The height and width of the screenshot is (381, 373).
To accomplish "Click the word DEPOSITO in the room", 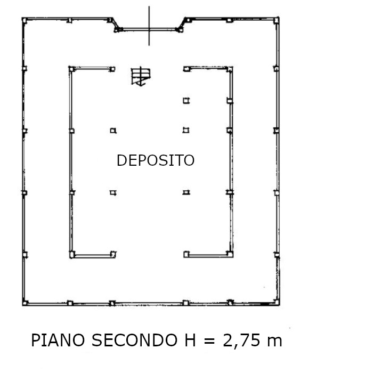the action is click(x=156, y=160).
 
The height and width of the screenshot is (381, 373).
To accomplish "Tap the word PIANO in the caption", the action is click(x=58, y=340).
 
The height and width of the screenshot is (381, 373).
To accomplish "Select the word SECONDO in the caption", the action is click(x=134, y=340).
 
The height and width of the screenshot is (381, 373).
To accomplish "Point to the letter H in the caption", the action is click(x=190, y=340).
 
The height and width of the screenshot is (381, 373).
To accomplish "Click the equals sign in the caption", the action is click(x=209, y=341).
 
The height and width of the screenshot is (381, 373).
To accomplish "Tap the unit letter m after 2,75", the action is click(x=274, y=342).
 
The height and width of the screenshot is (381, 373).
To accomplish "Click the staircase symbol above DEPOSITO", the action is click(x=141, y=76).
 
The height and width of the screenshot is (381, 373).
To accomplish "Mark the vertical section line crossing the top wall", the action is click(x=149, y=26).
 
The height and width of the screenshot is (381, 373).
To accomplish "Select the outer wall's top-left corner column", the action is click(x=25, y=20).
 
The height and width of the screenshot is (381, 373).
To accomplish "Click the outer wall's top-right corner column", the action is click(x=277, y=20).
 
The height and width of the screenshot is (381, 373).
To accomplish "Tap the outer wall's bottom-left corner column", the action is click(x=25, y=303).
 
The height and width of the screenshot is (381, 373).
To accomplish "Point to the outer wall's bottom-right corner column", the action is click(x=277, y=302).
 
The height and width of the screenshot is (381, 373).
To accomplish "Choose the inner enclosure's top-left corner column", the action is click(x=72, y=69).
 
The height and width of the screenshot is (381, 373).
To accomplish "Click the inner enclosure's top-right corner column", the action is click(x=230, y=69).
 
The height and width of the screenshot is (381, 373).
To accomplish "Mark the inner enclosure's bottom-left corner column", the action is click(x=72, y=255).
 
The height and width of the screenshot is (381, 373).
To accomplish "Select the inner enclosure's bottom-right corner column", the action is click(x=230, y=254).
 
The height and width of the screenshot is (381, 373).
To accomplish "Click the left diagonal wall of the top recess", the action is click(x=115, y=25).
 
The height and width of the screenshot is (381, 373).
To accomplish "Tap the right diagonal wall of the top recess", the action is click(x=182, y=25).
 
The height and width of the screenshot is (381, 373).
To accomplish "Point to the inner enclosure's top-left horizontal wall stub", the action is click(x=92, y=69).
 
